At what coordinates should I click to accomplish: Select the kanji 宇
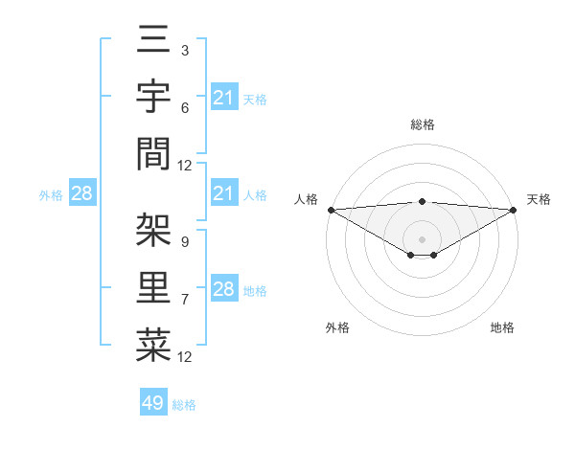[153, 99]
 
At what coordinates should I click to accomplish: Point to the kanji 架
[153, 230]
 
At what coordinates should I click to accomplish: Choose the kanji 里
[153, 287]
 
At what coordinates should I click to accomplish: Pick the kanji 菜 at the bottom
[153, 345]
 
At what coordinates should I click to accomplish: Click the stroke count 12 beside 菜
[185, 357]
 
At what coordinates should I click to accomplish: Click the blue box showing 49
[153, 403]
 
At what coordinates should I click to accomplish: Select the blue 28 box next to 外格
[82, 194]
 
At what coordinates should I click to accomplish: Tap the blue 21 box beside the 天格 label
[224, 98]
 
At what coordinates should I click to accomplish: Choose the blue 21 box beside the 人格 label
[224, 194]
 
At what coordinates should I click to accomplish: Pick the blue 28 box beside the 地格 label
[224, 289]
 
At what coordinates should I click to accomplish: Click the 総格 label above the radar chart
[422, 124]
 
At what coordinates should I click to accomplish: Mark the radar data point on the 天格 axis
[513, 210]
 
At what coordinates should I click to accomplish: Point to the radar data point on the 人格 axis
[331, 210]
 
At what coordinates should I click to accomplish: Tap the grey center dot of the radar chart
[422, 238]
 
